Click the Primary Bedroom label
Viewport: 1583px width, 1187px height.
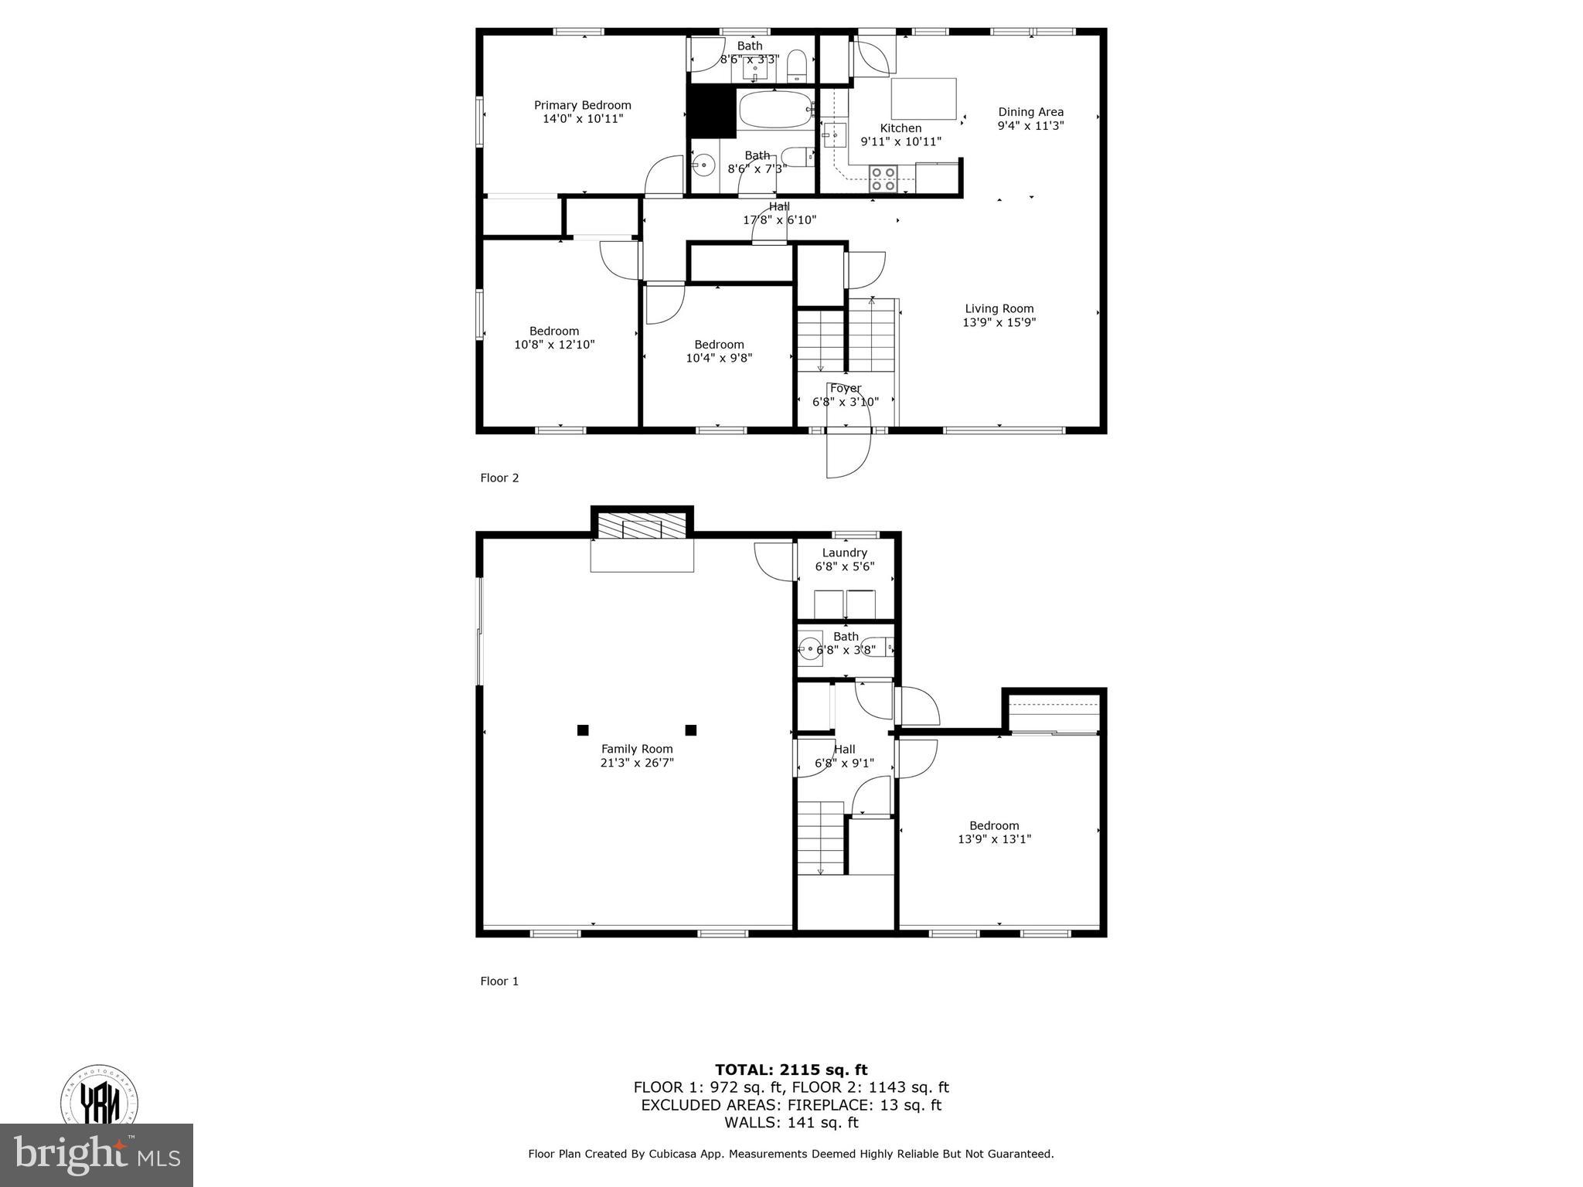coord(582,105)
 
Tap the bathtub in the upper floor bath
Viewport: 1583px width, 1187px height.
coord(776,111)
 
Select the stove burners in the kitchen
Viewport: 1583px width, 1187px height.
coord(883,179)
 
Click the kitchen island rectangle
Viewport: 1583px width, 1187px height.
coord(924,98)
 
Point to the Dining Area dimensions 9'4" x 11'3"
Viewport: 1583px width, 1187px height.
coord(1030,126)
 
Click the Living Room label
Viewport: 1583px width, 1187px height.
coord(999,308)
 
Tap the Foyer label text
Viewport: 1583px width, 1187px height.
coord(845,388)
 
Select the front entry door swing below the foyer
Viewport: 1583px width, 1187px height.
coord(847,454)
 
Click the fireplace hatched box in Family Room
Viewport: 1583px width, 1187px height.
coord(642,529)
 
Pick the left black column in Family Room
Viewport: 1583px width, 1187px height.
coord(583,730)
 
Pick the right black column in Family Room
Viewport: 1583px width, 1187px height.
coord(691,730)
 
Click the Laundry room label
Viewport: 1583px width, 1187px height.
coord(844,553)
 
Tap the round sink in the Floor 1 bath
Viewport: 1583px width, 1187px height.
coord(811,648)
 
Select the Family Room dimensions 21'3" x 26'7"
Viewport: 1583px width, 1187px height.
coord(637,763)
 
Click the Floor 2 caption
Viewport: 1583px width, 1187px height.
coord(499,478)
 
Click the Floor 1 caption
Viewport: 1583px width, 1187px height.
coord(499,981)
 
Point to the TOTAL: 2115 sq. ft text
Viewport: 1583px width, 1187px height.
coord(791,1070)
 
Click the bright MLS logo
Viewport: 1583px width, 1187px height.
coord(96,1155)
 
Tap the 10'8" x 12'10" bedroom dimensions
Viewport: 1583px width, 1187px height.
coord(554,345)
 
